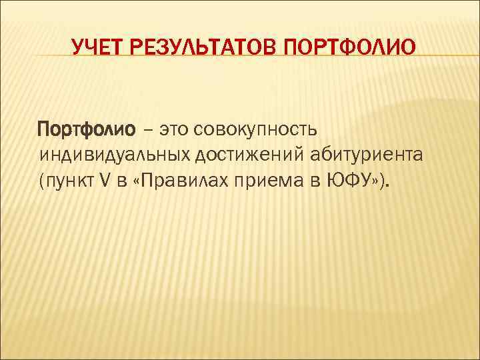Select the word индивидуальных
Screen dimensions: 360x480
click(115, 155)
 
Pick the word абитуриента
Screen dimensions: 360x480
click(367, 155)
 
